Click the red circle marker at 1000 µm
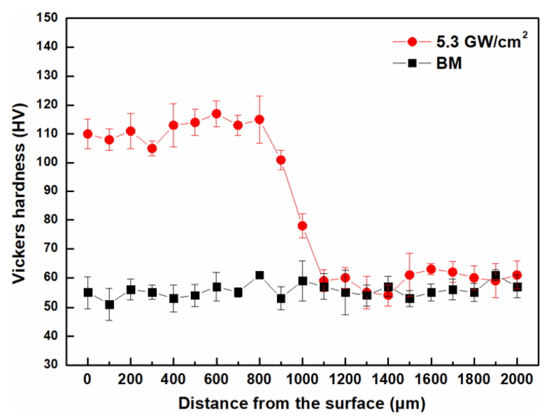(302, 226)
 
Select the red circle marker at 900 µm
(281, 160)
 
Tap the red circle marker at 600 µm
(217, 114)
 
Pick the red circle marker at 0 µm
(88, 134)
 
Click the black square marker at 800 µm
(259, 275)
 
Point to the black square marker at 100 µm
(109, 304)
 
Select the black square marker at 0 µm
(88, 293)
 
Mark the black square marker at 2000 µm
(517, 287)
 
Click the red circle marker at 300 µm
(152, 148)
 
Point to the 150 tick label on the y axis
(50, 18)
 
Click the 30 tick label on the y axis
(53, 365)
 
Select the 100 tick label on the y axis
(50, 163)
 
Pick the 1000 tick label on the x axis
(302, 381)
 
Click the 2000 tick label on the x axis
(517, 381)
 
